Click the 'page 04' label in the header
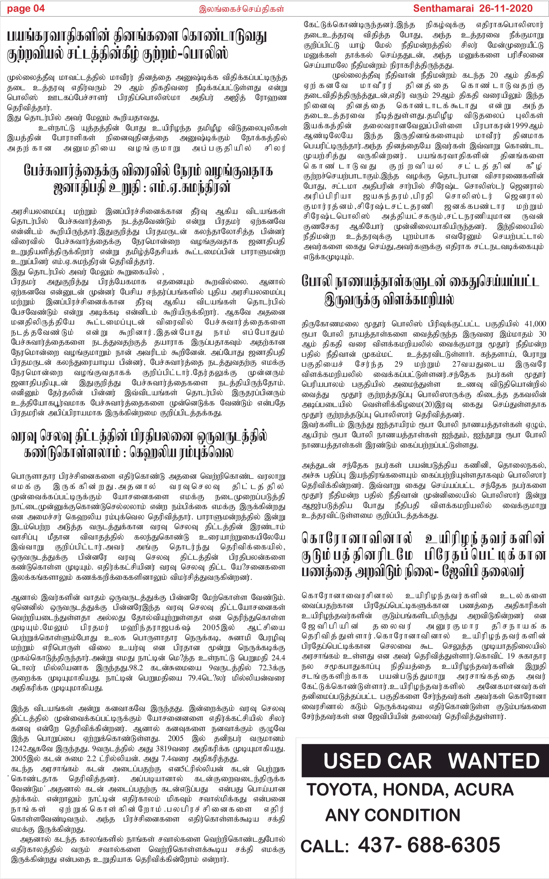click(26, 8)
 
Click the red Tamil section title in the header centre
click(242, 9)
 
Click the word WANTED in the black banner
click(494, 761)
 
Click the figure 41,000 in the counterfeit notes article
click(535, 324)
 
